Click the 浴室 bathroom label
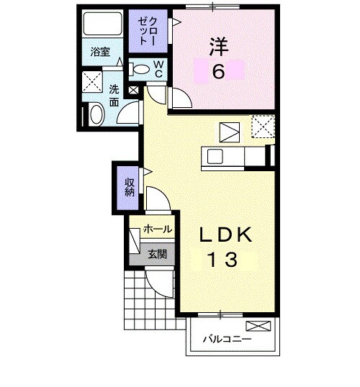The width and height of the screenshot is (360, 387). coord(100,52)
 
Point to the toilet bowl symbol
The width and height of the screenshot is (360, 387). coord(143,70)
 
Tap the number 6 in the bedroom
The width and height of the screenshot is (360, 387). coord(218,71)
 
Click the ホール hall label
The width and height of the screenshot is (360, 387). coord(158,229)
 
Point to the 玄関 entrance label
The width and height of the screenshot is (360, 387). coord(158,253)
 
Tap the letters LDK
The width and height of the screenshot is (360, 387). coord(225,235)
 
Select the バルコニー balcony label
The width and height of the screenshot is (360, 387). coord(226,338)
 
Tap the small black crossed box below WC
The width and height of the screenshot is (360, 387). coord(133,91)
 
